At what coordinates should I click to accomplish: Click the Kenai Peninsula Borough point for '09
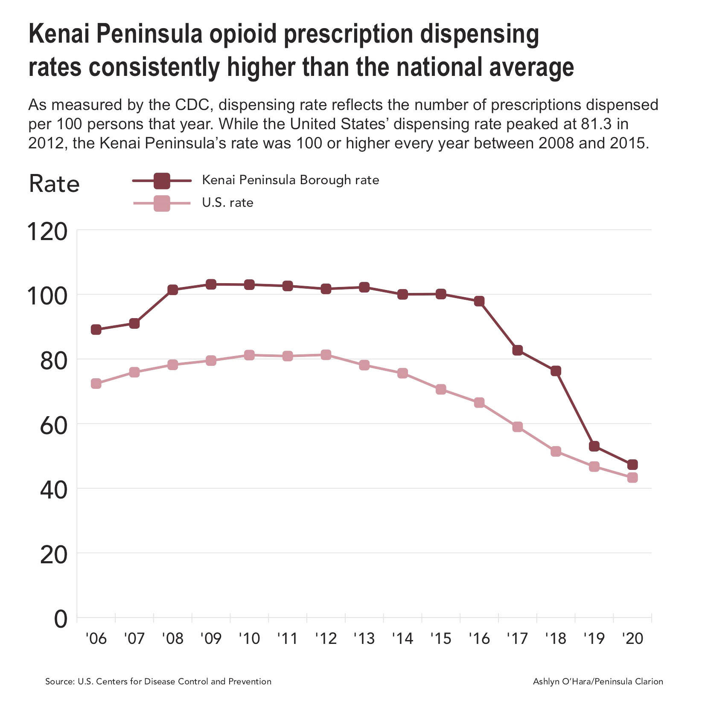[211, 284]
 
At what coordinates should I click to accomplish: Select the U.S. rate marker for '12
[326, 355]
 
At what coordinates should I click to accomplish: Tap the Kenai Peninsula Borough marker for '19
[594, 446]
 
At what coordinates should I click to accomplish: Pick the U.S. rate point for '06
[96, 383]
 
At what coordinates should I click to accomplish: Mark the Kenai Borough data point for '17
[518, 350]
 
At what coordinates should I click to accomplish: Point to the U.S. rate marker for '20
[632, 477]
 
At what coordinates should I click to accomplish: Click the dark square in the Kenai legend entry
[162, 181]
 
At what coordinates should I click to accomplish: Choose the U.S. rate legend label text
[227, 203]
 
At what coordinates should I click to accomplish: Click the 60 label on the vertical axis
[53, 426]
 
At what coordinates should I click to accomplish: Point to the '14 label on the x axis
[402, 638]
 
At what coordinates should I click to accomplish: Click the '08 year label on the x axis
[172, 638]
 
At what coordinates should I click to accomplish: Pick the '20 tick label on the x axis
[632, 638]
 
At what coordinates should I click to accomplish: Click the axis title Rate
[54, 184]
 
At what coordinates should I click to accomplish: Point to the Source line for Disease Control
[158, 681]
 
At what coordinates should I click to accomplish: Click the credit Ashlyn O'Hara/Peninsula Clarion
[597, 681]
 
